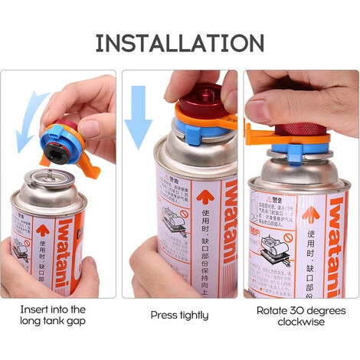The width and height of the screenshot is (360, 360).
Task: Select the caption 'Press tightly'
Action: click(179, 315)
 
